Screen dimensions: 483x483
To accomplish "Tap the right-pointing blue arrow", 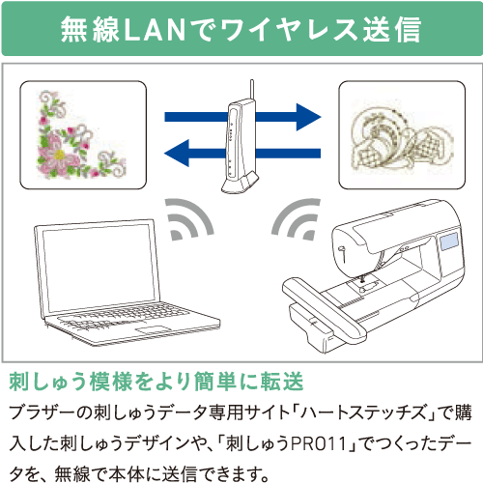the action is (242, 117).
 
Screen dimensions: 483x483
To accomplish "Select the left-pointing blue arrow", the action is (242, 153).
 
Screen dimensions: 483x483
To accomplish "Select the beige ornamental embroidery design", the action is (402, 138).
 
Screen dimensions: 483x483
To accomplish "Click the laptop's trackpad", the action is (154, 329).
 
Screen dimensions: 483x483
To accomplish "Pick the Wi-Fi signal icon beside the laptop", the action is (189, 219).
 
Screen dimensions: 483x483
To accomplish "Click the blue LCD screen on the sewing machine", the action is (450, 241).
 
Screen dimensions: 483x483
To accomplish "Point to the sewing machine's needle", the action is (362, 278).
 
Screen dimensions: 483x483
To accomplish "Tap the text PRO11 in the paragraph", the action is (319, 443).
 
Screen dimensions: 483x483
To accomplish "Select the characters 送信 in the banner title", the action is (392, 30).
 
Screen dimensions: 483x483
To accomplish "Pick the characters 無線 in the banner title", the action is (90, 30).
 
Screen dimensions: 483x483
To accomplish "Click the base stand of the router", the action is (240, 185).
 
